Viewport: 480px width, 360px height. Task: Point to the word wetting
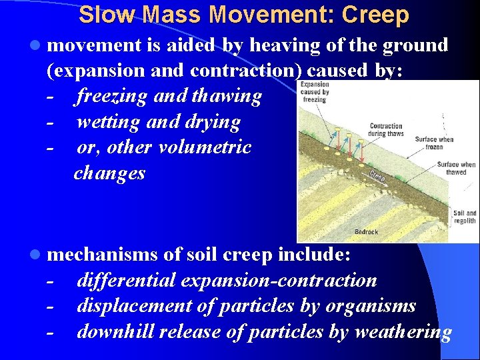(x=107, y=122)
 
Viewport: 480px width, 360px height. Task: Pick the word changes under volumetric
(x=109, y=173)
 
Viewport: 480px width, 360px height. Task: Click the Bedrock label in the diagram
(x=366, y=232)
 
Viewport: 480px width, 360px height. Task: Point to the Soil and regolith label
(x=465, y=217)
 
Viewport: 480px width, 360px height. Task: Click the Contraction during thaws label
(x=386, y=129)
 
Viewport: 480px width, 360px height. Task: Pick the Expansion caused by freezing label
(x=315, y=92)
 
